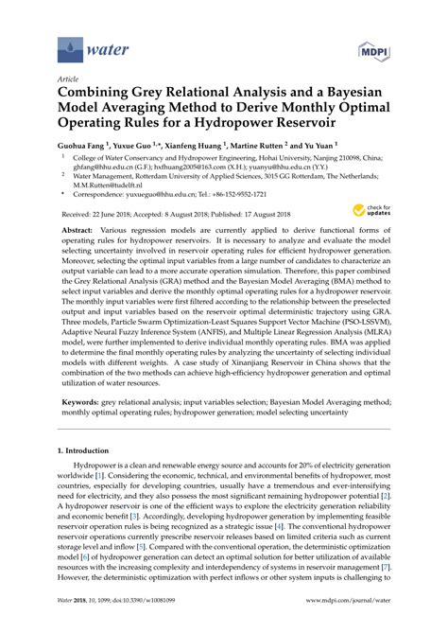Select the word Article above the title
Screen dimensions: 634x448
click(x=68, y=80)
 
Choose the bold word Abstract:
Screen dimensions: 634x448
click(x=83, y=256)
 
